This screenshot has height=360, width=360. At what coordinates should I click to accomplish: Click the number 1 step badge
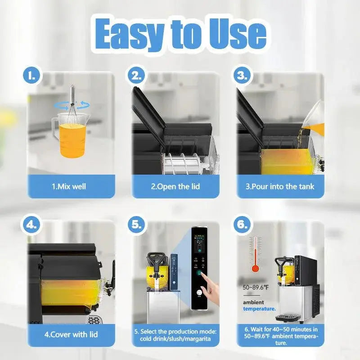coord(31,76)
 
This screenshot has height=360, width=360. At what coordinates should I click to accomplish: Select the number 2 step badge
coord(137,76)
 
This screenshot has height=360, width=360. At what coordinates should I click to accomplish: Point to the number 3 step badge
coord(242,76)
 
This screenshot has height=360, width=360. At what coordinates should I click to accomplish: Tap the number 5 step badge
coord(137,225)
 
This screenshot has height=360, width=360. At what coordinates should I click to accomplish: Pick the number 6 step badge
coord(242,225)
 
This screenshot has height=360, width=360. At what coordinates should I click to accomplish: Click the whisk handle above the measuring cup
coord(72,94)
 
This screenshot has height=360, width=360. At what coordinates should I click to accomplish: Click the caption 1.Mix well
coord(69,186)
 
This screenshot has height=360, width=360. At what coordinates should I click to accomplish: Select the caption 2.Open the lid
coord(175,186)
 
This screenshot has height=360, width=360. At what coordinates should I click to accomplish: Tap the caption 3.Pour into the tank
coord(280,186)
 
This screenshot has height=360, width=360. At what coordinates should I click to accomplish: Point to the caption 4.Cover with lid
coord(71,334)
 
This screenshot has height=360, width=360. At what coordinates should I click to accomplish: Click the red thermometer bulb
coord(255,269)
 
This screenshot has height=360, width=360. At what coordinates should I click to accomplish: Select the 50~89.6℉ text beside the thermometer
coord(256,288)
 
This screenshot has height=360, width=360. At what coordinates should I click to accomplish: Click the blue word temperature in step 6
coord(260,309)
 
